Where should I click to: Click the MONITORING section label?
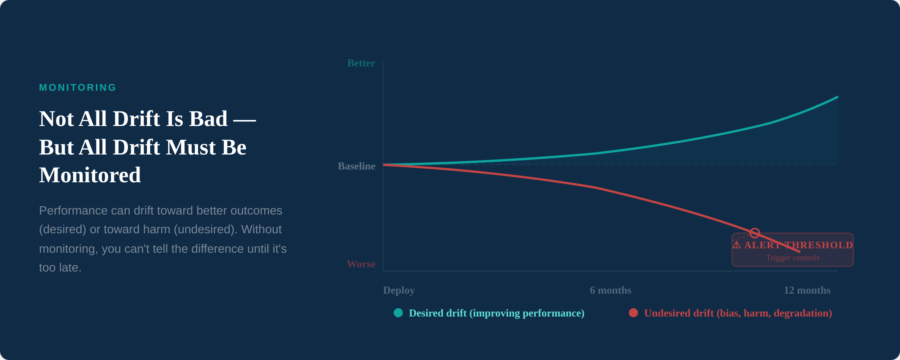(78, 87)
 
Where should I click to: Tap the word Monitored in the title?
(90, 175)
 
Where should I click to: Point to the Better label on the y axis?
(361, 63)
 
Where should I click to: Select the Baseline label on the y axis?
(356, 166)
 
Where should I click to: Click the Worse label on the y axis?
(361, 264)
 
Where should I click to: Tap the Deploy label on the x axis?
(399, 290)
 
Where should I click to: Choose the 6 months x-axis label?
(610, 290)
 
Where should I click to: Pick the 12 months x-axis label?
(807, 290)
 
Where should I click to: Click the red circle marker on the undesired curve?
(754, 233)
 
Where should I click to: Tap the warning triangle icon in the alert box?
(736, 245)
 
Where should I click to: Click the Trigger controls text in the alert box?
(792, 258)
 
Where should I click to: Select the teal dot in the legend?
(398, 313)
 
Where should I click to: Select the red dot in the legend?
(633, 313)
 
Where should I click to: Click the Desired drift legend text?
(496, 313)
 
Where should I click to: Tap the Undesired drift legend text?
(738, 313)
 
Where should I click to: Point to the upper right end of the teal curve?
(837, 97)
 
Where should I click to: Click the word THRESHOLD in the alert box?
(819, 245)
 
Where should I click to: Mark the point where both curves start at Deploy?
(383, 165)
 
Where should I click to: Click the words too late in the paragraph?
(60, 268)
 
